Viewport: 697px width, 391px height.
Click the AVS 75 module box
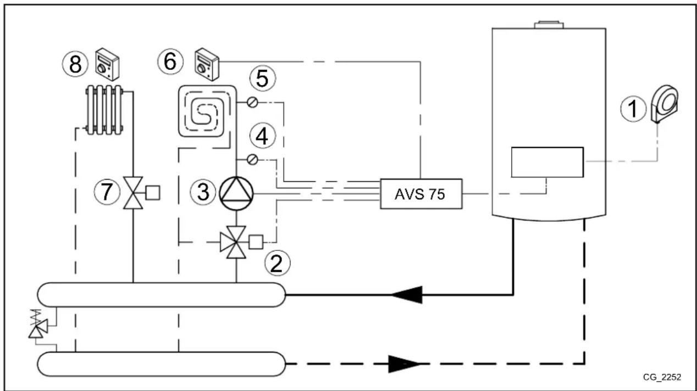click(x=421, y=194)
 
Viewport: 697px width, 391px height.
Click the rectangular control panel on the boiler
click(x=547, y=162)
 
